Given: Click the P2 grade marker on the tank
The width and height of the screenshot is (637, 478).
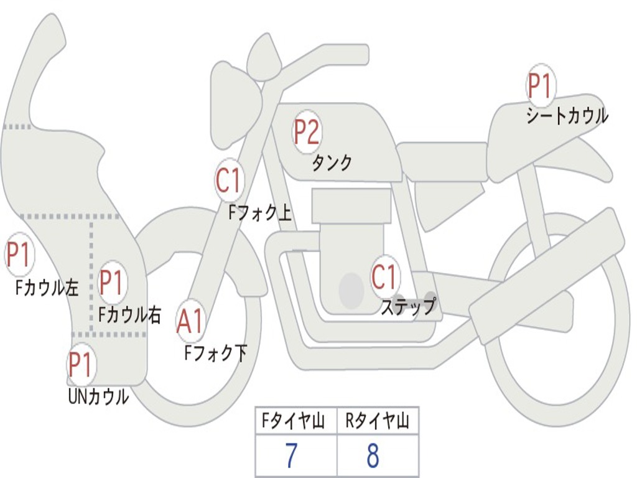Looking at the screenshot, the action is tap(307, 132).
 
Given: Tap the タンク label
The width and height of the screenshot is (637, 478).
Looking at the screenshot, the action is tap(332, 162).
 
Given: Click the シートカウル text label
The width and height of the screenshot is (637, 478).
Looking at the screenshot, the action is tap(567, 116).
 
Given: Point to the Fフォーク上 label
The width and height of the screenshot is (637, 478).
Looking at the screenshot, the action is tap(259, 213).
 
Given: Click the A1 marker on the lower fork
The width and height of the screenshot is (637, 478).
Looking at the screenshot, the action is tap(190, 322).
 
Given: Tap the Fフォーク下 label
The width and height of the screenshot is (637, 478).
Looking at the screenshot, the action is tap(215, 353).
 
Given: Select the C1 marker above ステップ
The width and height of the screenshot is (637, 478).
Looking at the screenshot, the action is tap(384, 277).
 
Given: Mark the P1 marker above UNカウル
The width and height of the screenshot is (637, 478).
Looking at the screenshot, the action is tap(80, 365).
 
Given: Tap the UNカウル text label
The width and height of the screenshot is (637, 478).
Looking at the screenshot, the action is tap(98, 396).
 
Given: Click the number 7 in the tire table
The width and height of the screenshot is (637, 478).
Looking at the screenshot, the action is tap(291, 456).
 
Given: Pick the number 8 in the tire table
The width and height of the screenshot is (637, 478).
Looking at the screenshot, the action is tap(373, 456).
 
